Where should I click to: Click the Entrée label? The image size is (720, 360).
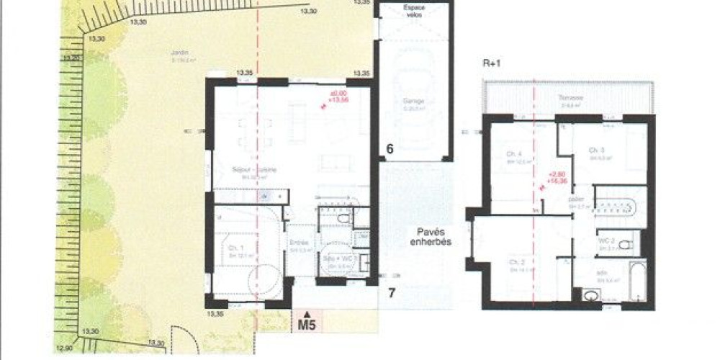click(299, 243)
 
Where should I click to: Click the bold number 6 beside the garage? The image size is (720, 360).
click(390, 150)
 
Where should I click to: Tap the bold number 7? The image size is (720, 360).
click(392, 292)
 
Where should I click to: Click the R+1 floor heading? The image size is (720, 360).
click(492, 63)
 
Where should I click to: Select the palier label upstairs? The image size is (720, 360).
click(576, 199)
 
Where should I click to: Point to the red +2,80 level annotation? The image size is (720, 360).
click(555, 175)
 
